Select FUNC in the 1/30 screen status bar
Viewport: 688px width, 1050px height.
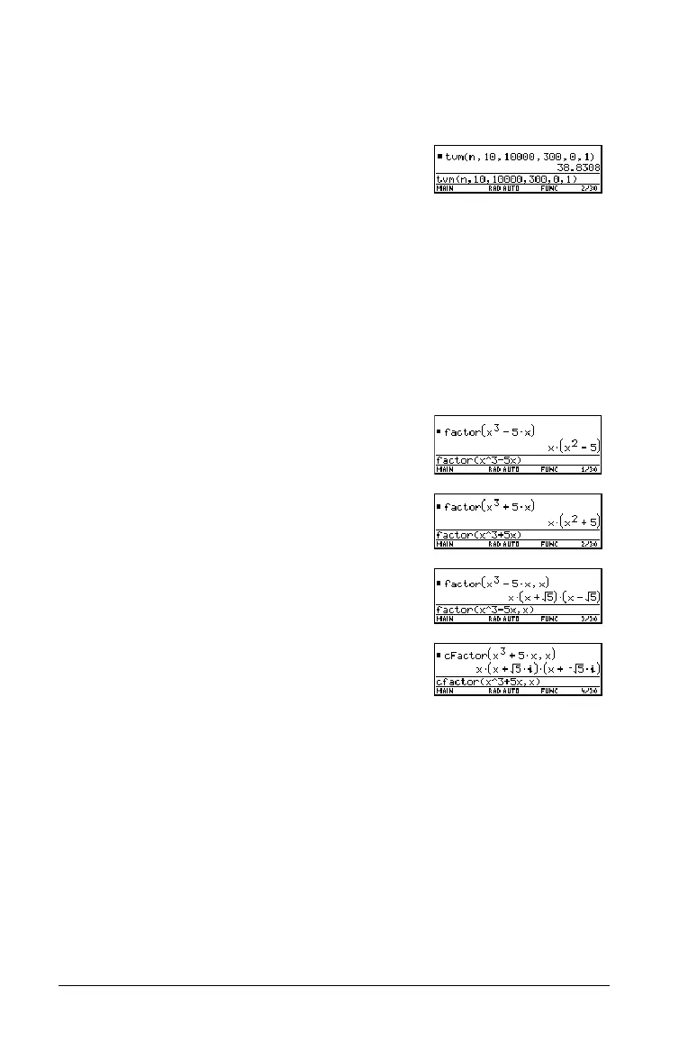549,469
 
